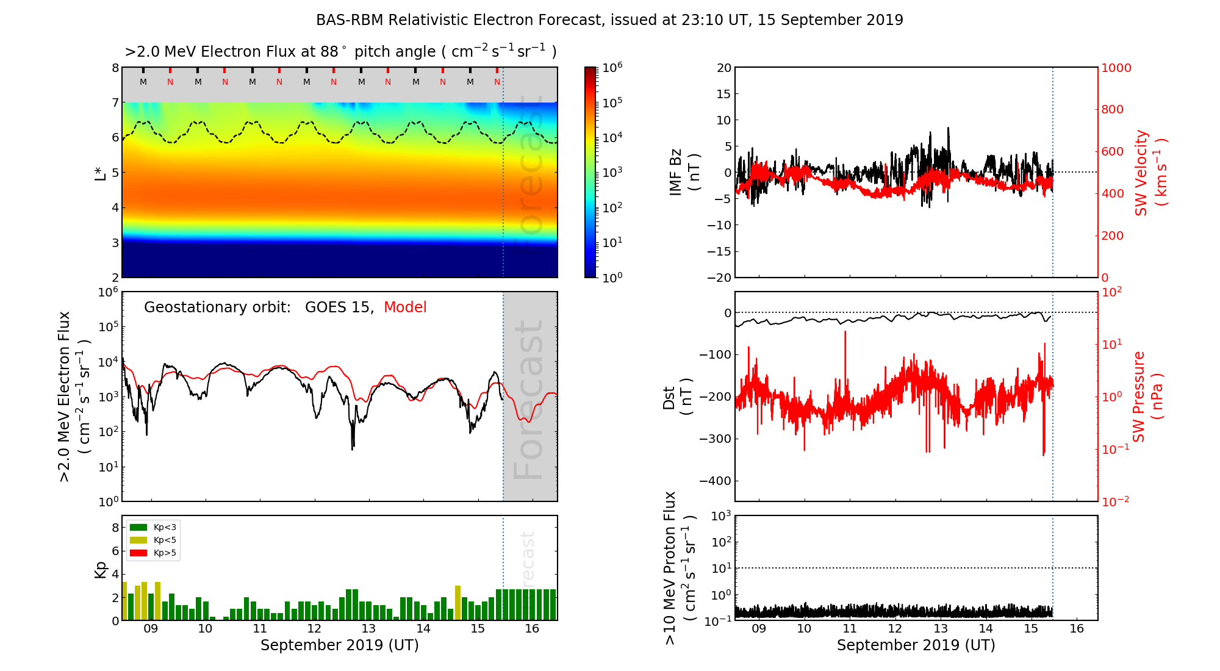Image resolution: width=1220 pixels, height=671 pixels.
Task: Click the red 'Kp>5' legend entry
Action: click(x=164, y=553)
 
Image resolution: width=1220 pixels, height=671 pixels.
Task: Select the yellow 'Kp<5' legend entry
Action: click(x=164, y=540)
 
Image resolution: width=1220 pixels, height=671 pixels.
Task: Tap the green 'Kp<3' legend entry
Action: click(x=164, y=527)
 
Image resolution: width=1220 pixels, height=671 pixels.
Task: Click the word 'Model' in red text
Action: click(x=405, y=307)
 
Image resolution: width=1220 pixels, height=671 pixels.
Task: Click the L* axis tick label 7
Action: click(x=115, y=102)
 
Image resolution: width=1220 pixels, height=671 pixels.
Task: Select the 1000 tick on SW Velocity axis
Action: click(x=1116, y=68)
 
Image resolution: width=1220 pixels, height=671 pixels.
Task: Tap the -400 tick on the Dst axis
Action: click(x=716, y=481)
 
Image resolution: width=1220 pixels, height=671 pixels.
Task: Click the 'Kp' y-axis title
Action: click(x=101, y=569)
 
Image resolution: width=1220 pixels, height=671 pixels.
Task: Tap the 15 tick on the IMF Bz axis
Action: click(x=723, y=94)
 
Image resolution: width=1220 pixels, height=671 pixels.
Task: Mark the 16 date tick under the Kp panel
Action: click(x=532, y=629)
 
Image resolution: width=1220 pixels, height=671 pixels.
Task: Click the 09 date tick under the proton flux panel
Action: click(x=759, y=629)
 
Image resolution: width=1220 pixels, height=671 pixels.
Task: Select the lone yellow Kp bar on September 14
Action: click(x=458, y=603)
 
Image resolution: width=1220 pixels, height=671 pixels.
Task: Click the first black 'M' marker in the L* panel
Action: click(x=143, y=82)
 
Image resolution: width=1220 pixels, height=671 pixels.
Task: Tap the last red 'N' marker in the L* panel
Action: click(x=497, y=82)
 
